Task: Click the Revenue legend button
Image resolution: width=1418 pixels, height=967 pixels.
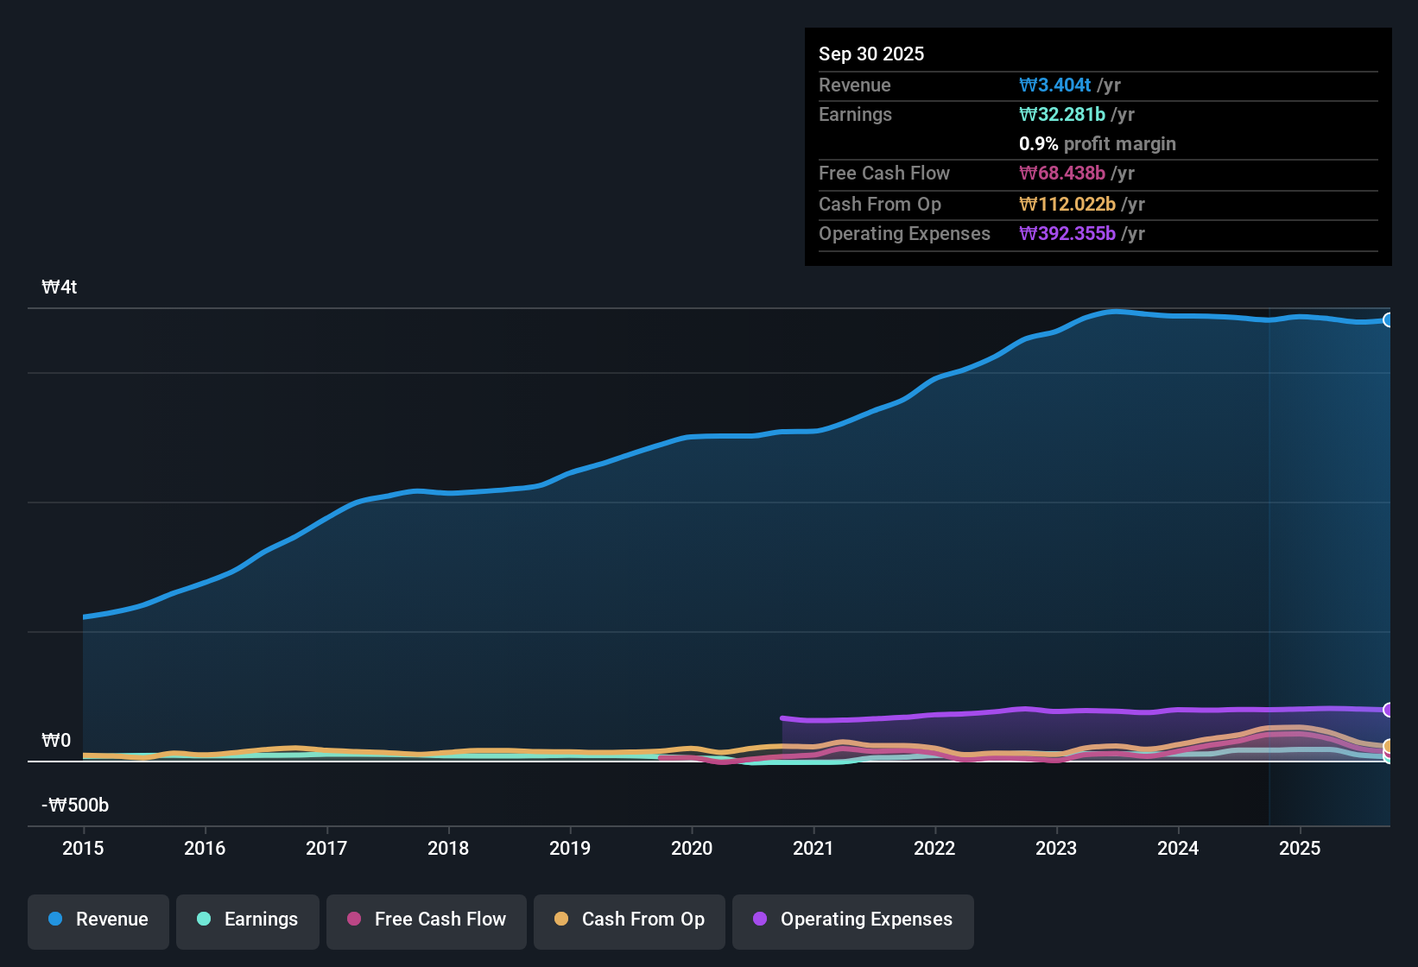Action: (x=98, y=920)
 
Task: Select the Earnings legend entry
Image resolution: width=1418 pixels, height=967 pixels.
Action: (x=248, y=920)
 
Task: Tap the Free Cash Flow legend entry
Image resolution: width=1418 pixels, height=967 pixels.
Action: (x=427, y=920)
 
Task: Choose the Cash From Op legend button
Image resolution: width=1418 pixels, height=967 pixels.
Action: (x=630, y=920)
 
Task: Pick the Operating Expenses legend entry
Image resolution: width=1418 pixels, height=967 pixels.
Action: (x=853, y=920)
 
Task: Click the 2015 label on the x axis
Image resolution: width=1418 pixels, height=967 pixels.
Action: (x=83, y=849)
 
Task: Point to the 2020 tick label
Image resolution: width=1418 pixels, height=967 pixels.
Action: (x=692, y=849)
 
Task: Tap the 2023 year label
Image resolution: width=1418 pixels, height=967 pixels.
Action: (x=1056, y=849)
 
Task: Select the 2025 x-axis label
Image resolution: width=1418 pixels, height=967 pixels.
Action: (x=1300, y=849)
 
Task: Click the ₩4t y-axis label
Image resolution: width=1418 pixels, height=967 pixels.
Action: (x=60, y=288)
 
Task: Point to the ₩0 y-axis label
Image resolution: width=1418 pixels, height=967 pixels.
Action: (x=56, y=741)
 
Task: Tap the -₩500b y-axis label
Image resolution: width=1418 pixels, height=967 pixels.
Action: (x=75, y=806)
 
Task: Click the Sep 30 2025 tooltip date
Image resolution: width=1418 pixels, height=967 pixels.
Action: (x=871, y=54)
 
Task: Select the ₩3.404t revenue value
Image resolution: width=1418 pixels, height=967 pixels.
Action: (x=1055, y=85)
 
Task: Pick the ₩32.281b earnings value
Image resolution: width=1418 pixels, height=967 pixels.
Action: (x=1062, y=115)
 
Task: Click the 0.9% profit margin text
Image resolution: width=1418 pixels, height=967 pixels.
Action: (x=1098, y=144)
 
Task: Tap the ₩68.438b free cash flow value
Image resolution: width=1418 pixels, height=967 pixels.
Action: (x=1062, y=174)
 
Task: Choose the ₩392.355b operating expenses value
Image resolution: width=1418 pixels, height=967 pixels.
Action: (x=1067, y=234)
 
